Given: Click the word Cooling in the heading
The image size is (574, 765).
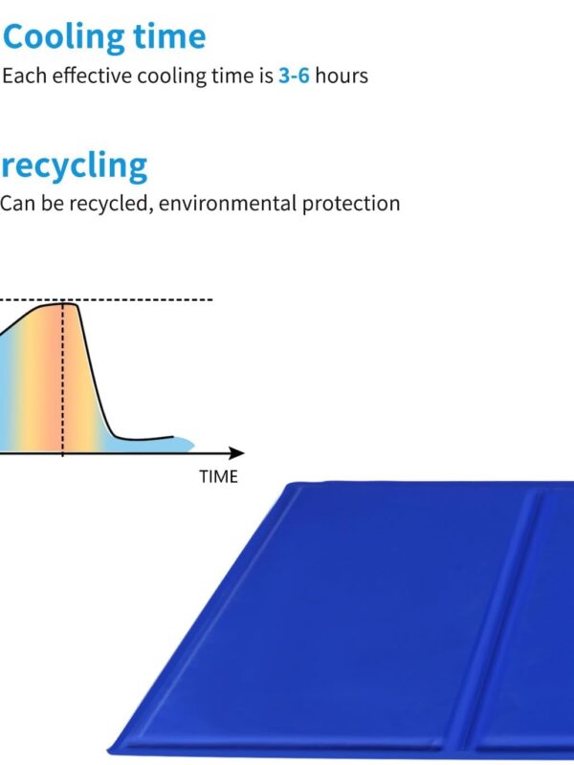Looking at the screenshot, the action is point(64,37).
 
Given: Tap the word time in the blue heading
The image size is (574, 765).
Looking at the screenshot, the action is point(170,36).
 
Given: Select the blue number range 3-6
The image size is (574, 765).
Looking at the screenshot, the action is point(294,76).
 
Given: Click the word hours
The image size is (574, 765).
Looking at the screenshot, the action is point(342,76).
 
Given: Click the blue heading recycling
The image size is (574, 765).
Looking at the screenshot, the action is point(75,165).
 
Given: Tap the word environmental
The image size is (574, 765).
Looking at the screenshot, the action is point(228,203).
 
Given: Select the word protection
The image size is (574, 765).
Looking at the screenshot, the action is point(351,204).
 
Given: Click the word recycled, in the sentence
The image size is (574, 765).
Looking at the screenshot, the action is point(111,204).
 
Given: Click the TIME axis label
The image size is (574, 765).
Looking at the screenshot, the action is point(219,476).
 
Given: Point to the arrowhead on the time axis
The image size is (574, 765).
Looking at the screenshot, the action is point(236,453).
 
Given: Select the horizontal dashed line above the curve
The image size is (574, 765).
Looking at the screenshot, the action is point(106,299).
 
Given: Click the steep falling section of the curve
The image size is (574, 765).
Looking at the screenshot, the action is point(94,371).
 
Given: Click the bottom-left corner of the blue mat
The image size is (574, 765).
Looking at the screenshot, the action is point(108,751).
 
